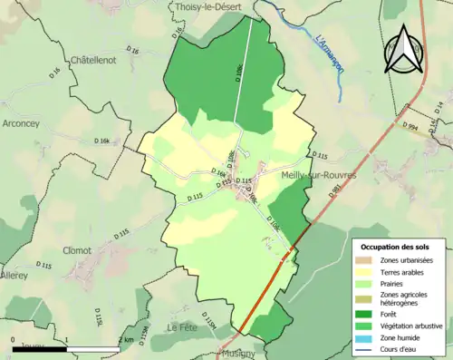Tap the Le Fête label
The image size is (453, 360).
tap(181, 326)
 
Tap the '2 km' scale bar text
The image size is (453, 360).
tap(127, 341)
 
